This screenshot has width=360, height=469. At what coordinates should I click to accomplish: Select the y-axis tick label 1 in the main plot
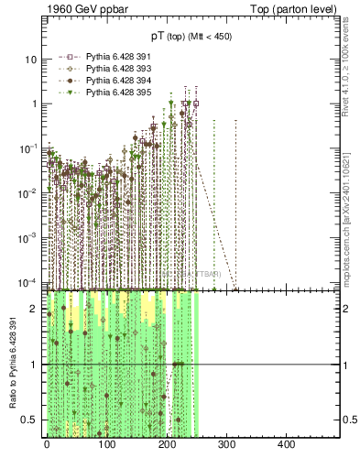[x=35, y=104]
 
